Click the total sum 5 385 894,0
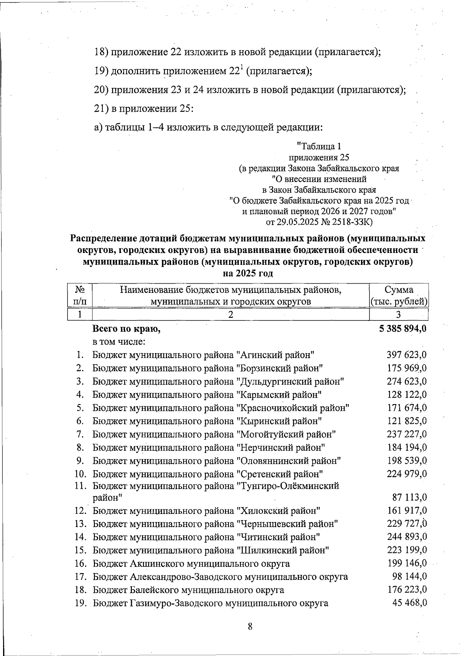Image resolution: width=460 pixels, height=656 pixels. pos(403,329)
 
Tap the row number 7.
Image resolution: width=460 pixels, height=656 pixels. pos(80,434)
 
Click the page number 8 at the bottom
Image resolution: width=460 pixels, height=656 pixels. pos(250,627)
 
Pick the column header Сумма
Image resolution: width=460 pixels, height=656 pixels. pos(399,290)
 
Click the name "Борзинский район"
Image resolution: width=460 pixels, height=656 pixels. pos(279,368)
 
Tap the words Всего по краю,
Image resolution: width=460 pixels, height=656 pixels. pos(126,329)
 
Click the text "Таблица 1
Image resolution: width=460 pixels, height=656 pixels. pos(319,146)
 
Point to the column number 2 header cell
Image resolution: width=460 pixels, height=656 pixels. pos(230,315)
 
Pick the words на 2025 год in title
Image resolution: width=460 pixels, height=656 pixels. pos(248,274)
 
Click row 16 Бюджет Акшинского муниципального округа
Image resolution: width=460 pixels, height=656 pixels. pos(191,563)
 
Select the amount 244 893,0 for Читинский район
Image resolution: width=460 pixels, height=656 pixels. pos(406,537)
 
